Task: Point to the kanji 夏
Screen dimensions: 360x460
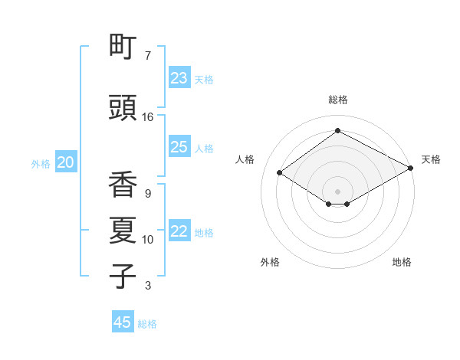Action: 123,231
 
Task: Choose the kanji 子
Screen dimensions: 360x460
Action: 123,277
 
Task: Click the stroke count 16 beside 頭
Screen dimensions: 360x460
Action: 148,117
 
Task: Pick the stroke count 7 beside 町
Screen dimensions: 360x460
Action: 148,56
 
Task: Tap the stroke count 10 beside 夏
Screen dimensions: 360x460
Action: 148,240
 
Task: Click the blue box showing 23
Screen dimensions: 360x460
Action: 179,78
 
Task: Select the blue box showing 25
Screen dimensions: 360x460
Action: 179,147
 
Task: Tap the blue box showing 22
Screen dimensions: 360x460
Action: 179,231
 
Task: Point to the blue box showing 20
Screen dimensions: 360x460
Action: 66,162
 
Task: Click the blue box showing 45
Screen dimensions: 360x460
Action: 123,322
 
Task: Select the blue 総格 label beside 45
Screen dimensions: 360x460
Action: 147,324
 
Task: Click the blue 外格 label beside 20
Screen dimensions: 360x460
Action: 41,163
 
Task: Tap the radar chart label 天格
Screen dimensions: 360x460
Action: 431,159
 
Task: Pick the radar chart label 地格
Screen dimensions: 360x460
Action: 402,262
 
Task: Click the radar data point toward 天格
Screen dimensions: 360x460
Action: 410,168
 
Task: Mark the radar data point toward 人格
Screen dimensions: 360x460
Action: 280,173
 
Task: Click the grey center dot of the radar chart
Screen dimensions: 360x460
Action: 337,190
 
